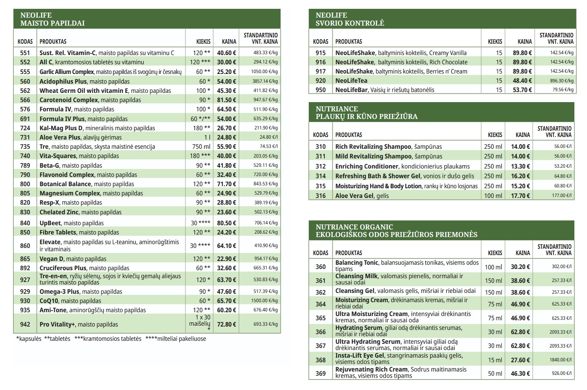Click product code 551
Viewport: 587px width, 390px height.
coord(25,53)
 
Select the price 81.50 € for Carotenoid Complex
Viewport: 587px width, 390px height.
coord(227,100)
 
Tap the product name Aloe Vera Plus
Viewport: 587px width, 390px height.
coord(60,137)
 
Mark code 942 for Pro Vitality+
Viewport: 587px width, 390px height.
coord(25,324)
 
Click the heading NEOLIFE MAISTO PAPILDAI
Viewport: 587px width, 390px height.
coord(52,19)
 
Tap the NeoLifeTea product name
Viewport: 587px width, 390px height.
coord(351,81)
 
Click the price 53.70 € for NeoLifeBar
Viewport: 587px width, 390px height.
coord(522,90)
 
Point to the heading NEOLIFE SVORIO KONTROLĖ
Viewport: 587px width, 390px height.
coord(350,19)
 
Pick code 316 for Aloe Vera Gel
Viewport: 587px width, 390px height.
coord(321,196)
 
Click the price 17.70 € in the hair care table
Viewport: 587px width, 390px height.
coord(520,196)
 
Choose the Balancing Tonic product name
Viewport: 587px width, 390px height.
coord(357,263)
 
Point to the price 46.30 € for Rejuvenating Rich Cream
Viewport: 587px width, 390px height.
coord(520,374)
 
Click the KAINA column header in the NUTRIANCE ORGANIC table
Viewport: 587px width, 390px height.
coord(523,253)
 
